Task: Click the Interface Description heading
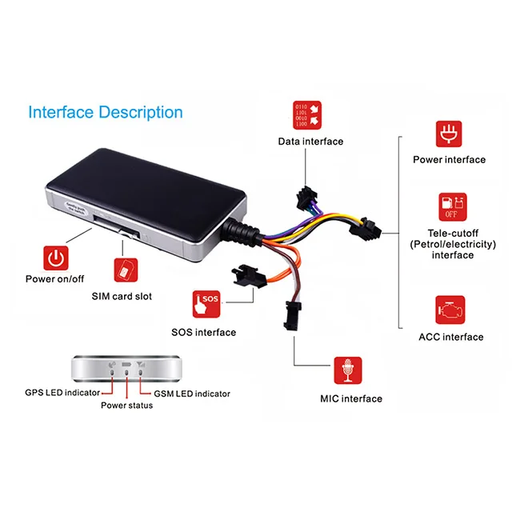click(x=106, y=112)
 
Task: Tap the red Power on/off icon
click(x=55, y=258)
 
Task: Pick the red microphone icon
click(x=348, y=370)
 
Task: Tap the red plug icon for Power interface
click(x=449, y=134)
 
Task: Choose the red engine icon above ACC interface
click(x=450, y=310)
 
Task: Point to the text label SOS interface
click(x=204, y=332)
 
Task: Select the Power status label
click(x=126, y=406)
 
